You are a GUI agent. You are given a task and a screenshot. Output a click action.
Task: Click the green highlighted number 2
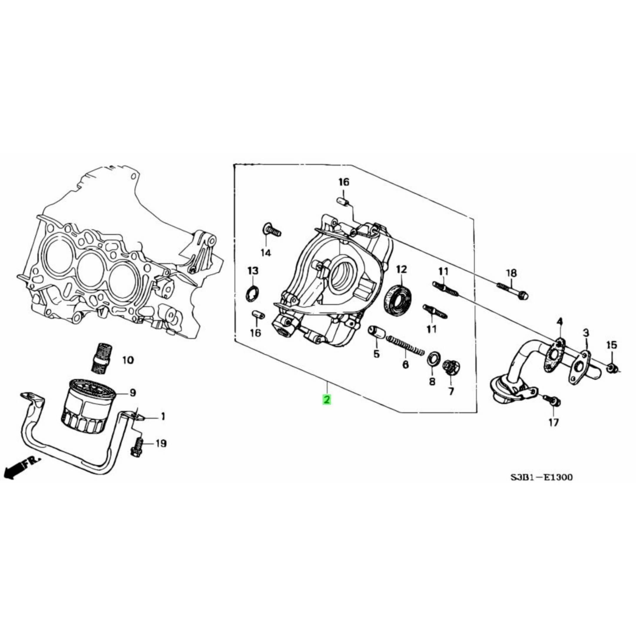327,400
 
